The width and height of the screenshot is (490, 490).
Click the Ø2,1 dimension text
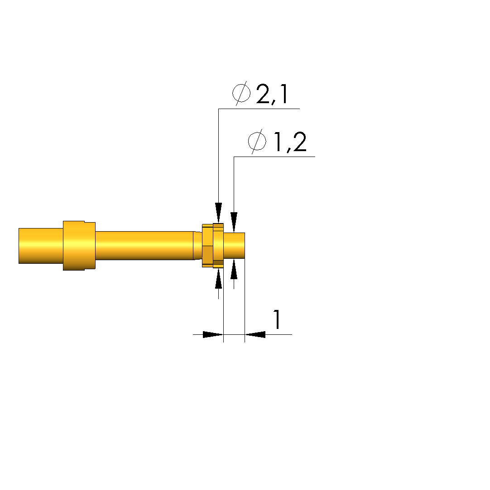(260, 94)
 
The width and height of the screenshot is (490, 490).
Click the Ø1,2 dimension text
(277, 142)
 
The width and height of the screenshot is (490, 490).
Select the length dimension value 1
(276, 319)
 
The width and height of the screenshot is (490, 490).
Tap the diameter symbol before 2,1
(241, 94)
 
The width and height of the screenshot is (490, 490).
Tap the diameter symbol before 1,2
(257, 142)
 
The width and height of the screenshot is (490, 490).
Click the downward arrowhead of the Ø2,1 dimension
(219, 213)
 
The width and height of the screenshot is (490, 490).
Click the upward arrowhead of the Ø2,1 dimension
(219, 278)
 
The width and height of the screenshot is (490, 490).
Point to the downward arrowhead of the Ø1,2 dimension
(234, 222)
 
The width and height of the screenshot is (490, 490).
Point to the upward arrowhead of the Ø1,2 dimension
(234, 269)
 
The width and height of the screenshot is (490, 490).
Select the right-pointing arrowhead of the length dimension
(213, 334)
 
